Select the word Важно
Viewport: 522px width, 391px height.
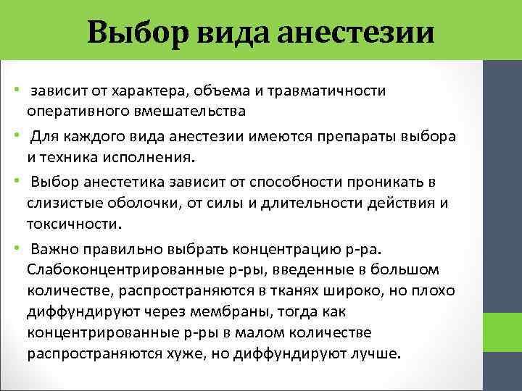[x=53, y=251]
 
